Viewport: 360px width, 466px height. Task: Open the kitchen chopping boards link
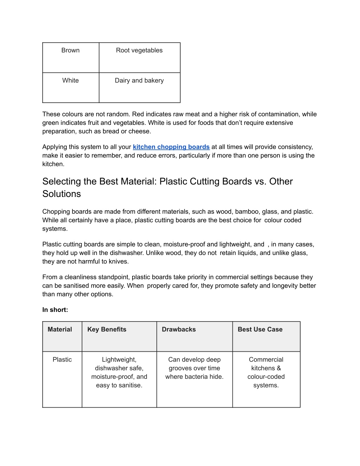click(x=171, y=147)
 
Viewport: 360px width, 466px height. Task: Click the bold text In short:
click(x=55, y=310)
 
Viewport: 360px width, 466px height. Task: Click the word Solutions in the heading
click(x=62, y=194)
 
